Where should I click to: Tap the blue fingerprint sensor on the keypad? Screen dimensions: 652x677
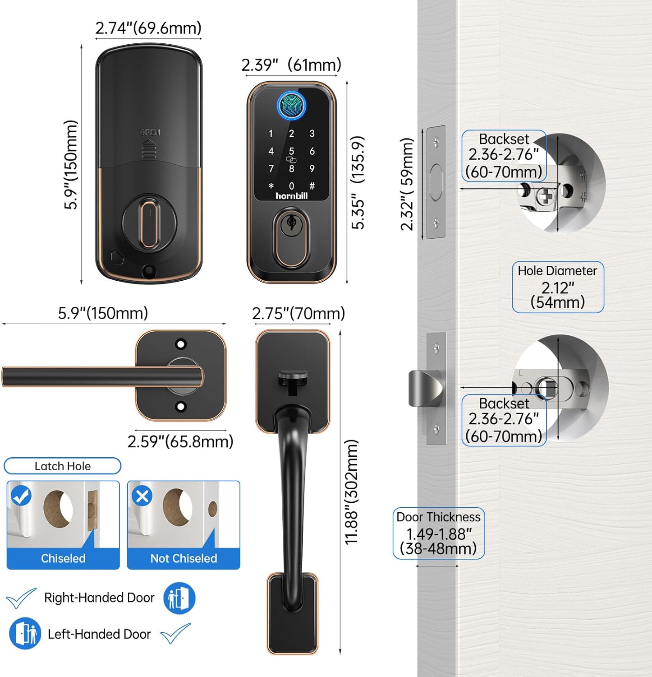(291, 106)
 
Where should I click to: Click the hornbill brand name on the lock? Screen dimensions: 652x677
(291, 196)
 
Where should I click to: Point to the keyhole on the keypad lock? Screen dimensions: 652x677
(291, 223)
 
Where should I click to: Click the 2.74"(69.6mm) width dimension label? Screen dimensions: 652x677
(148, 28)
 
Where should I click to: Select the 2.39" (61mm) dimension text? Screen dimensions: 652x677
(291, 65)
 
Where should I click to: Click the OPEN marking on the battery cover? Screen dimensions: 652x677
(150, 132)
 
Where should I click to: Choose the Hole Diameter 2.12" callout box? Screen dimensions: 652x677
(558, 287)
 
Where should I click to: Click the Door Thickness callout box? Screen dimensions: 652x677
(439, 533)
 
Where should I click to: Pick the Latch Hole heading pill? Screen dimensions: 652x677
(63, 466)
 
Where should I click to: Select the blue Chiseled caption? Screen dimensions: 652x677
(63, 558)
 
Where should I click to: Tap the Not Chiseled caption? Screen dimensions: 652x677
(184, 558)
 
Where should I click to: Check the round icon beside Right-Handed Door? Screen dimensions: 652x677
(179, 598)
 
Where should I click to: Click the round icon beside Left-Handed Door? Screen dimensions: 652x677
(25, 634)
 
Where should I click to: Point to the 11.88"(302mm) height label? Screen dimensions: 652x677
(351, 492)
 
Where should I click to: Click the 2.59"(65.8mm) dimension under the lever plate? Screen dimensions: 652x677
(180, 441)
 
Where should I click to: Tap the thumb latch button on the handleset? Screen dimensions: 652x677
(293, 378)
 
